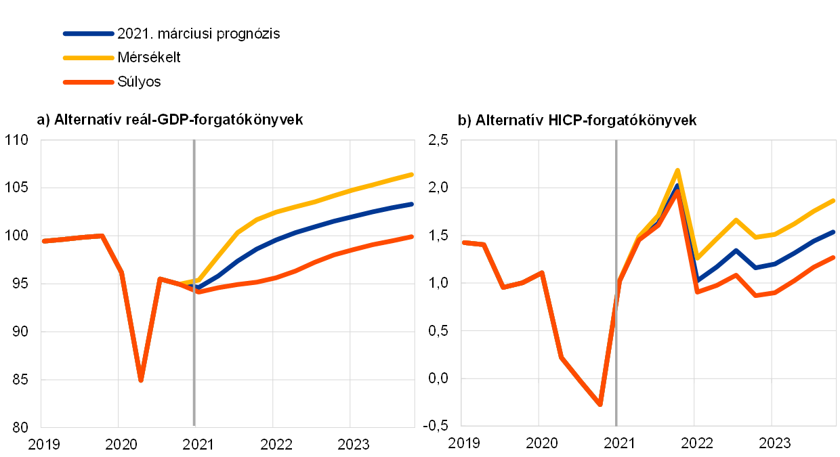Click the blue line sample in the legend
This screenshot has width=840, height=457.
[88, 33]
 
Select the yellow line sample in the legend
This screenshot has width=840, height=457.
[88, 58]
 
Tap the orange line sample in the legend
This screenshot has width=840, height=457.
[88, 82]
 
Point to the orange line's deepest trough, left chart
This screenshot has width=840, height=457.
[141, 380]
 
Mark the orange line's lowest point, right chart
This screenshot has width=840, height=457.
[600, 405]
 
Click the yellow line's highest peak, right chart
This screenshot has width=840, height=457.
[677, 170]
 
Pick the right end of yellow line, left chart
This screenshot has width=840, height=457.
[412, 175]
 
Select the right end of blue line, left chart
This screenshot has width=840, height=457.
[412, 204]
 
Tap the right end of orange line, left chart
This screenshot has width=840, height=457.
[412, 236]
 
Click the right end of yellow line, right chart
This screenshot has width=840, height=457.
[834, 200]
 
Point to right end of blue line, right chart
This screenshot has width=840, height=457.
[834, 232]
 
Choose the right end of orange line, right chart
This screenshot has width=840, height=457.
[834, 257]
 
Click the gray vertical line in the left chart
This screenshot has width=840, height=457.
[194, 352]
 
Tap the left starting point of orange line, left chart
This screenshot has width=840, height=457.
[44, 240]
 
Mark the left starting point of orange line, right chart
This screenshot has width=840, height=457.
[464, 242]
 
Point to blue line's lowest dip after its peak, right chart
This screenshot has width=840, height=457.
[698, 279]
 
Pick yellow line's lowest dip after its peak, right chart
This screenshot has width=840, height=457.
[698, 258]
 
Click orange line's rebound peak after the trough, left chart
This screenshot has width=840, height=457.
[160, 278]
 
